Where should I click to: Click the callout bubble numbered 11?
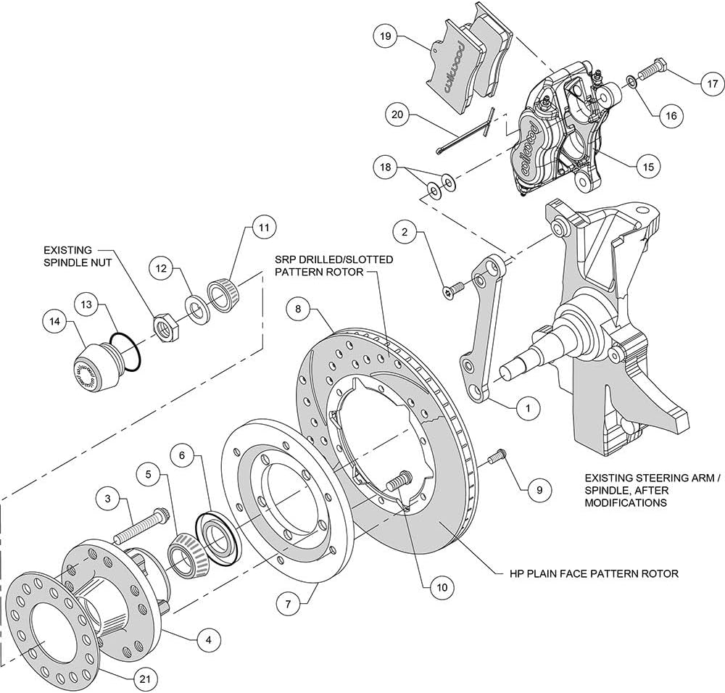point(263,228)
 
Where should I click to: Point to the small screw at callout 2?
point(449,291)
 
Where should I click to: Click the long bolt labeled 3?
point(142,531)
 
